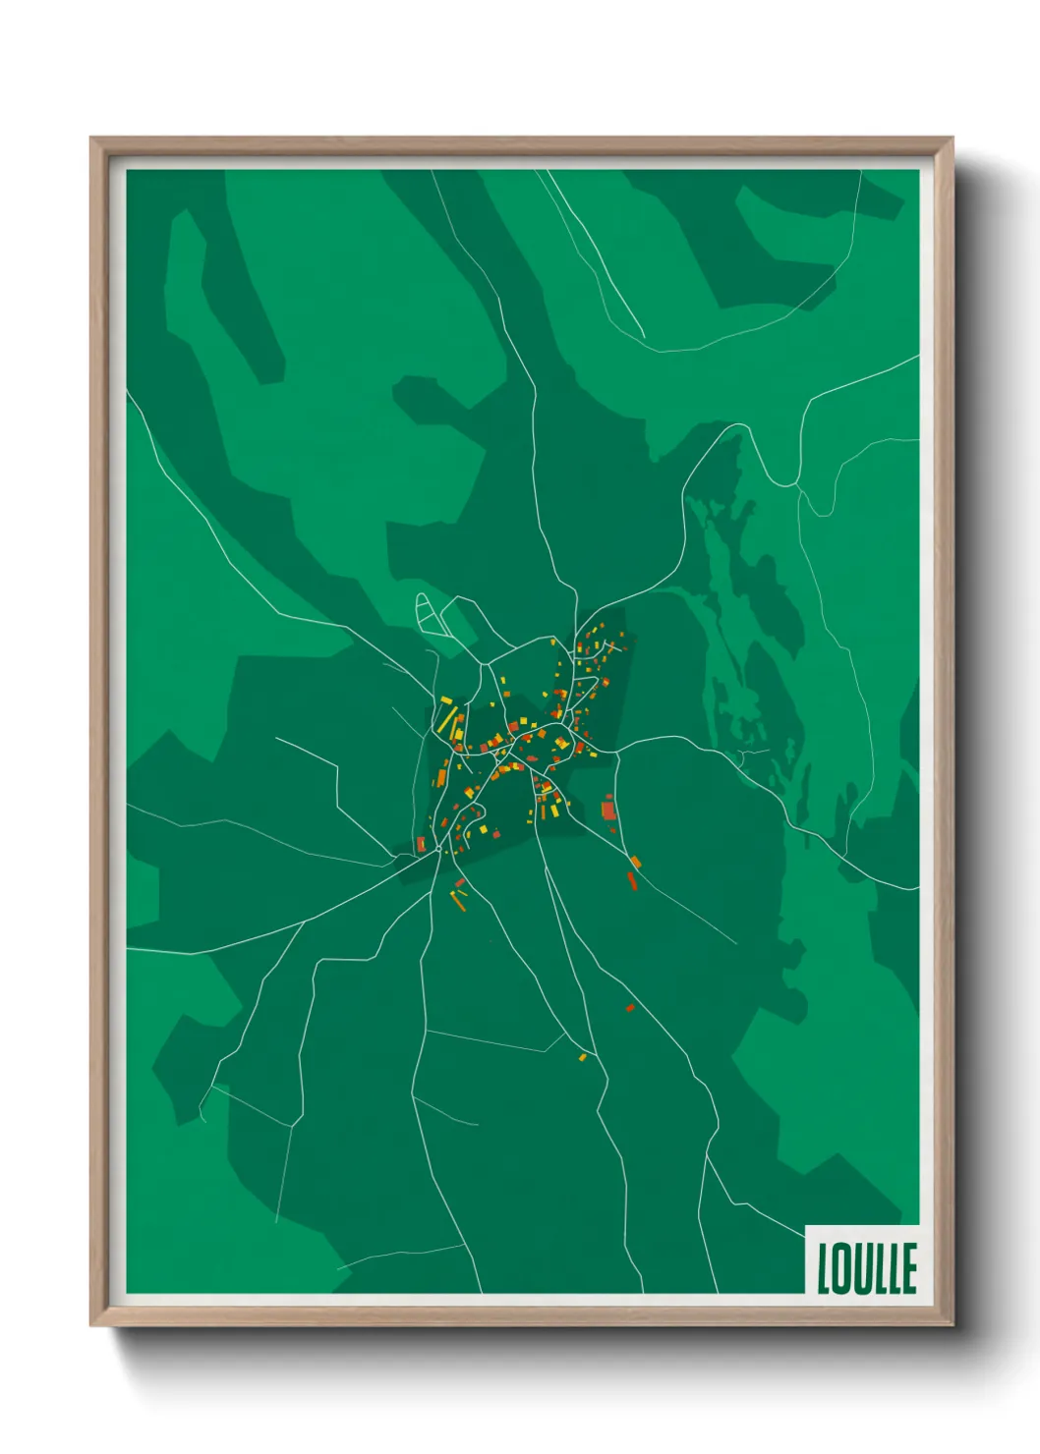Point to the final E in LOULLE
pyautogui.click(x=909, y=1268)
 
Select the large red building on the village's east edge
pyautogui.click(x=607, y=810)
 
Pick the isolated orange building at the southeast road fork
pyautogui.click(x=636, y=862)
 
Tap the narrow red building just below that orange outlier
pyautogui.click(x=632, y=879)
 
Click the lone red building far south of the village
pyautogui.click(x=630, y=1007)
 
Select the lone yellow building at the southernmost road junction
pyautogui.click(x=582, y=1057)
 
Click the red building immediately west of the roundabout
pyautogui.click(x=422, y=844)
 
